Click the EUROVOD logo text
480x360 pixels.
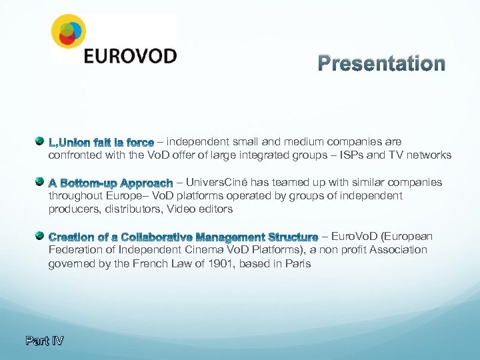130,55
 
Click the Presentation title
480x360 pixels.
381,63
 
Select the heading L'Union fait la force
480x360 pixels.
101,143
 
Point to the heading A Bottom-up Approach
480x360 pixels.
111,183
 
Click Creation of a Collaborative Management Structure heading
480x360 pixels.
183,237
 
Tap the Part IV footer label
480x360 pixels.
45,341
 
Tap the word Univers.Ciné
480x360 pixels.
216,183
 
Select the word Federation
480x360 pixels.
74,250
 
